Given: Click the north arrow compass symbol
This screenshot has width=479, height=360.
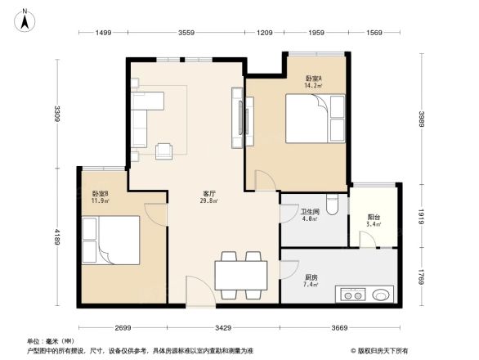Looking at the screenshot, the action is point(25,20).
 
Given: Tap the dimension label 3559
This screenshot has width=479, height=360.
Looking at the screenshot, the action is point(186,33).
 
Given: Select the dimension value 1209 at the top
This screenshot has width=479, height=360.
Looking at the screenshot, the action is point(265,33).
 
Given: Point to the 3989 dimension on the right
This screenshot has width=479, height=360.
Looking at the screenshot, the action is point(422,119).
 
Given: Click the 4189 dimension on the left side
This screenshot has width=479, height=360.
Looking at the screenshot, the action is point(57,237).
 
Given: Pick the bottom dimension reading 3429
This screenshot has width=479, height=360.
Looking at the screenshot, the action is point(223,328).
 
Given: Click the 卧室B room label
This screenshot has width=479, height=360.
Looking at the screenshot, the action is point(101,194).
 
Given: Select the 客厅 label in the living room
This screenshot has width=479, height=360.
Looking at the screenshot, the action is point(209,194).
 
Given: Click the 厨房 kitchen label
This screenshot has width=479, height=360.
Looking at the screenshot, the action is point(311,277).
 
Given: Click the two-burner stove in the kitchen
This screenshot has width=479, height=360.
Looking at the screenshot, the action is point(351,294).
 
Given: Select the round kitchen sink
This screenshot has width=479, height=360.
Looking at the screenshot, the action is point(381,295).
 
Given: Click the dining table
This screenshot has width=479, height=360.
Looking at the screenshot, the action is point(241,275).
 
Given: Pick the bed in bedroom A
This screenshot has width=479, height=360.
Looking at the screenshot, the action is point(315,119).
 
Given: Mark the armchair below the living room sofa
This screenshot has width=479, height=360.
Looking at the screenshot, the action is point(163,151).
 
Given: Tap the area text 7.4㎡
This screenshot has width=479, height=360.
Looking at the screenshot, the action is point(311,285).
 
